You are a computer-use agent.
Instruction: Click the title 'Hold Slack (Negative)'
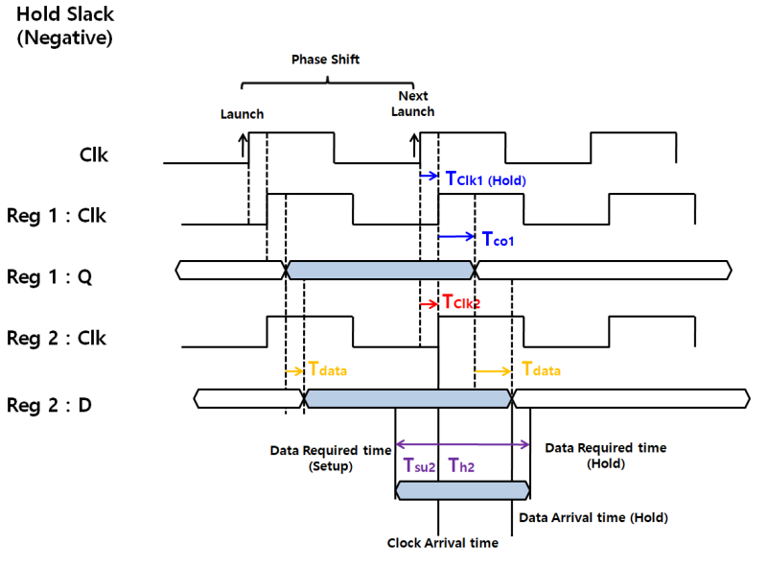coord(63,27)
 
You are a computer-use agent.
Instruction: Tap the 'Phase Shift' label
coord(326,59)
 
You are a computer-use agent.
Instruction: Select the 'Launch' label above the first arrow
coord(242,114)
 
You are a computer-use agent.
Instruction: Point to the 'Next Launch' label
coord(413,104)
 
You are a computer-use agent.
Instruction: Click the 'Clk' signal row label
coord(93,154)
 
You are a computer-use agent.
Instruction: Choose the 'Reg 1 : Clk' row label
coord(57,216)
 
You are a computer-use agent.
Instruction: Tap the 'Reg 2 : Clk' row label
coord(57,338)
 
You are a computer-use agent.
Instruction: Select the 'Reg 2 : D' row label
coord(51,404)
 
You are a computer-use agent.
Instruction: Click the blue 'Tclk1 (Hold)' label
coord(486,178)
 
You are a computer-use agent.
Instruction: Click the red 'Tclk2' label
coord(461,302)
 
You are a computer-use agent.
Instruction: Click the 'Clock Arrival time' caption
coord(442,543)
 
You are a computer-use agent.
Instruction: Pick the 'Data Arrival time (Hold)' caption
coord(593,517)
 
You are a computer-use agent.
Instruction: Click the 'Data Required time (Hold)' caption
coord(605,456)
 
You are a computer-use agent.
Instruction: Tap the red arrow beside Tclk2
coord(429,303)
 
